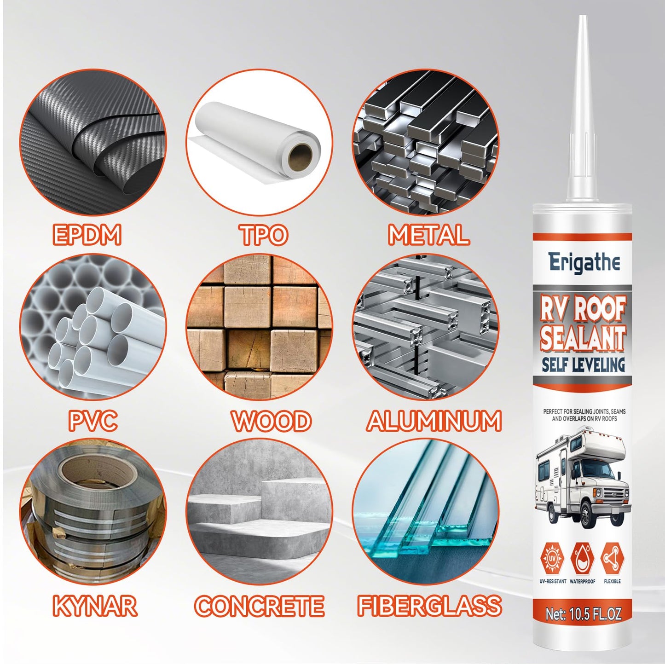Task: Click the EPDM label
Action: point(87,235)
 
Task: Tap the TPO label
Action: point(264,235)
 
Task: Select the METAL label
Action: point(429,235)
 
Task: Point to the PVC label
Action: point(93,421)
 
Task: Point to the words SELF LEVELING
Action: point(583,365)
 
